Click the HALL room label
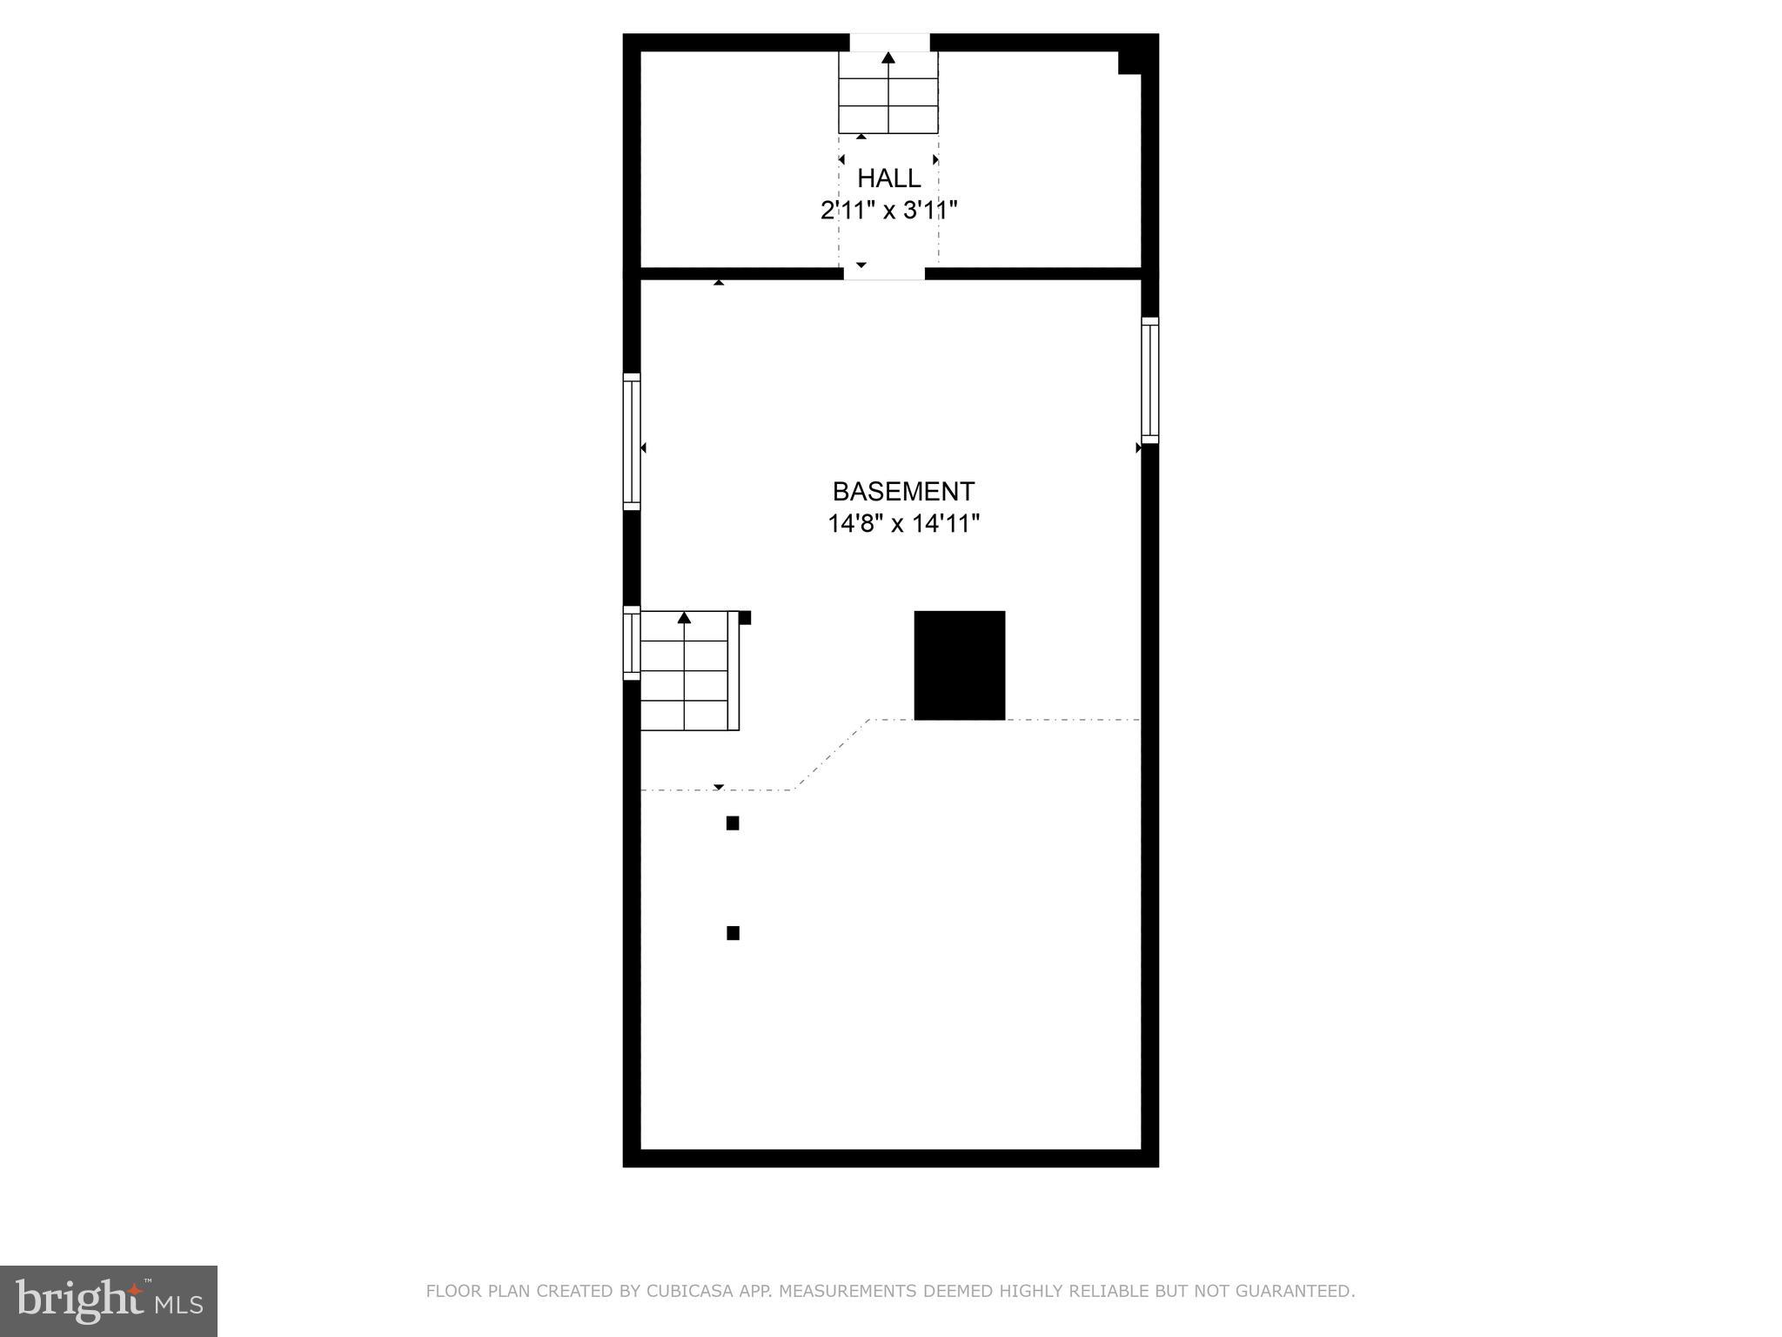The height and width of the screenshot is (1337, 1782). [x=888, y=178]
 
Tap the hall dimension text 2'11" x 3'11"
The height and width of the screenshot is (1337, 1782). [x=888, y=211]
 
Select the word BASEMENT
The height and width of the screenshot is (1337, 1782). [x=903, y=492]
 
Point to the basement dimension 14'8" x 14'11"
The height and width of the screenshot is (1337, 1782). [x=903, y=524]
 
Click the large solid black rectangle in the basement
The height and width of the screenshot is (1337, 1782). [x=959, y=665]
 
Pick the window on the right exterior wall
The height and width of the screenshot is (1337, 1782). [x=1149, y=380]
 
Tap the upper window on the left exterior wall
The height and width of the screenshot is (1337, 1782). [x=632, y=441]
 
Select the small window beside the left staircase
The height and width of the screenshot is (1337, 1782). [x=632, y=642]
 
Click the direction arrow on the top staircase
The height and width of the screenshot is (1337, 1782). [x=888, y=58]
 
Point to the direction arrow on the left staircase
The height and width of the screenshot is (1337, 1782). [x=684, y=618]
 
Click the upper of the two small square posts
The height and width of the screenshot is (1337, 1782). [x=733, y=823]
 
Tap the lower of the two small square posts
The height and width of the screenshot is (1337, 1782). [x=733, y=933]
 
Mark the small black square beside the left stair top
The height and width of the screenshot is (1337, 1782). [x=745, y=618]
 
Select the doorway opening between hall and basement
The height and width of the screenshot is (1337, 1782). [x=884, y=273]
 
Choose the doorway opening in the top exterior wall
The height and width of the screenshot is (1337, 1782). [x=889, y=43]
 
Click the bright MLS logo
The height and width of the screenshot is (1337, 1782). [x=109, y=1301]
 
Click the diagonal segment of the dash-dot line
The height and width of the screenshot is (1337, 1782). [x=832, y=755]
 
